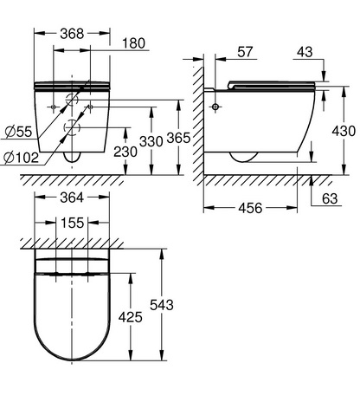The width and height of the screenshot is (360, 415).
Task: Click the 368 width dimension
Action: coord(72,34)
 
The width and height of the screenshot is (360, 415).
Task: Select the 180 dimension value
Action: coord(133,43)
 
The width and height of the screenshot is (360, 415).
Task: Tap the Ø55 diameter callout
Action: coord(18,133)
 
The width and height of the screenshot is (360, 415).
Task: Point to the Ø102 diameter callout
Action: coord(21,158)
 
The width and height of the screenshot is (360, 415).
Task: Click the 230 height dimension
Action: coord(125,152)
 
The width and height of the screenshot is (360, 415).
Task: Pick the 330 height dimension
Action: coord(151,142)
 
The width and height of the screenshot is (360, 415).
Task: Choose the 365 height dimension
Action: coord(178,138)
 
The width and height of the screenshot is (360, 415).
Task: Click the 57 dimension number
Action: coord(245,52)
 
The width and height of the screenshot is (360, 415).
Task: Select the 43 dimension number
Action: coord(305,52)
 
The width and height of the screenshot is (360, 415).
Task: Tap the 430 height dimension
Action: coord(344,132)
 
